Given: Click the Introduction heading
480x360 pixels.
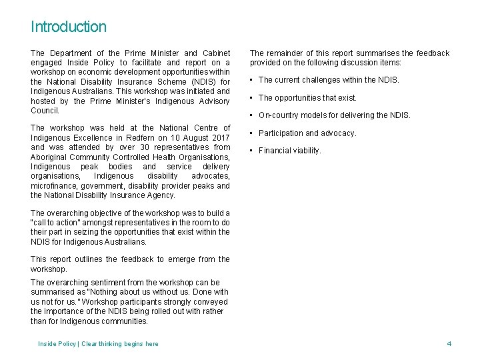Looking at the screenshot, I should (68, 27).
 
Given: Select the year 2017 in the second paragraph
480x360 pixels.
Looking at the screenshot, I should (221, 137).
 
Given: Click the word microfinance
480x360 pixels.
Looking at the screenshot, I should (53, 186).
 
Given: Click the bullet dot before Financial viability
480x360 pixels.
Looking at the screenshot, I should (252, 151).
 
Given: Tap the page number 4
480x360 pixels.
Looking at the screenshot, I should (449, 343).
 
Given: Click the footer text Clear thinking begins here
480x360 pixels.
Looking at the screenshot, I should (120, 344).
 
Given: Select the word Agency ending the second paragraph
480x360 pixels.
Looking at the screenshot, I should (161, 195).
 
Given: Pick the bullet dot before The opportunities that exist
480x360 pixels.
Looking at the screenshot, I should (252, 98).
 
